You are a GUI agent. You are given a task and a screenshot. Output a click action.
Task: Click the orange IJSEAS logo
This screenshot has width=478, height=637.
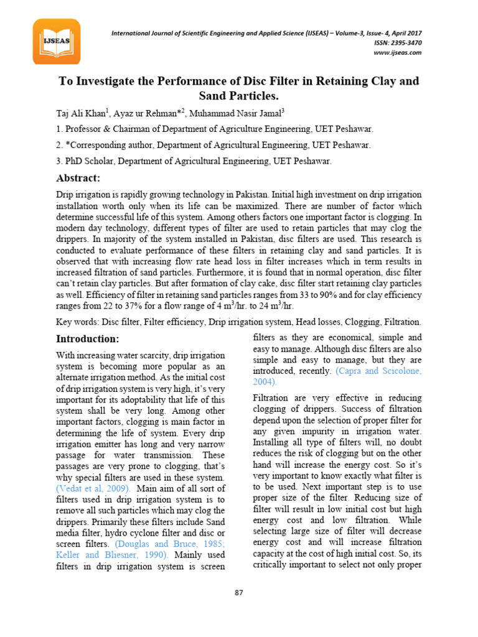tap(57, 42)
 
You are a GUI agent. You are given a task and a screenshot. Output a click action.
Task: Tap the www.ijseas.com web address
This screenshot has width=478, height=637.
tap(398, 53)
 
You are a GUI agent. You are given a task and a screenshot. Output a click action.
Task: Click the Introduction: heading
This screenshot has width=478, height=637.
tap(88, 339)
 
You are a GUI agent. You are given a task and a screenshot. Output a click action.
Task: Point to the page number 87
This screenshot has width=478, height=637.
tap(238, 592)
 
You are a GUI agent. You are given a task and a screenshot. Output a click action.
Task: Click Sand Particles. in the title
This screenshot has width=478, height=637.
tap(238, 96)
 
